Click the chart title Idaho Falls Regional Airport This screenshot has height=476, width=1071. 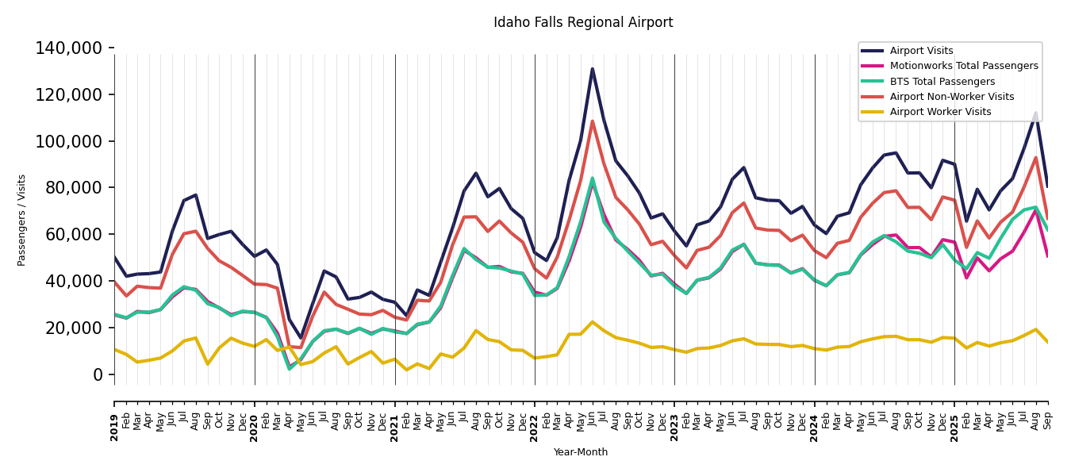click(583, 23)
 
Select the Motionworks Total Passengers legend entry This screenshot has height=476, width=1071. click(963, 66)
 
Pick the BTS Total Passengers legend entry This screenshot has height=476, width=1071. click(942, 82)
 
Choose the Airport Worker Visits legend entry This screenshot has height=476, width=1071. click(940, 112)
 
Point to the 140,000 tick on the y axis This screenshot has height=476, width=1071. click(69, 48)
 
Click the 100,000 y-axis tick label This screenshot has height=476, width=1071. click(69, 141)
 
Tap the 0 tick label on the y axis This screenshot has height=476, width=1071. click(98, 374)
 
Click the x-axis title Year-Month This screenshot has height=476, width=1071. click(581, 452)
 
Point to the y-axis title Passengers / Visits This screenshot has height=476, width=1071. click(22, 220)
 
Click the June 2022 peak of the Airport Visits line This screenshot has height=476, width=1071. click(592, 69)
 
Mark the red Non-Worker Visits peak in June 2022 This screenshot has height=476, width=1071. click(592, 121)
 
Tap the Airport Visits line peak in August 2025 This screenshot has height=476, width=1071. click(1035, 113)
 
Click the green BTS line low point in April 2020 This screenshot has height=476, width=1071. click(289, 369)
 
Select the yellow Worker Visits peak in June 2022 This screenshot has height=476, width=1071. click(592, 322)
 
